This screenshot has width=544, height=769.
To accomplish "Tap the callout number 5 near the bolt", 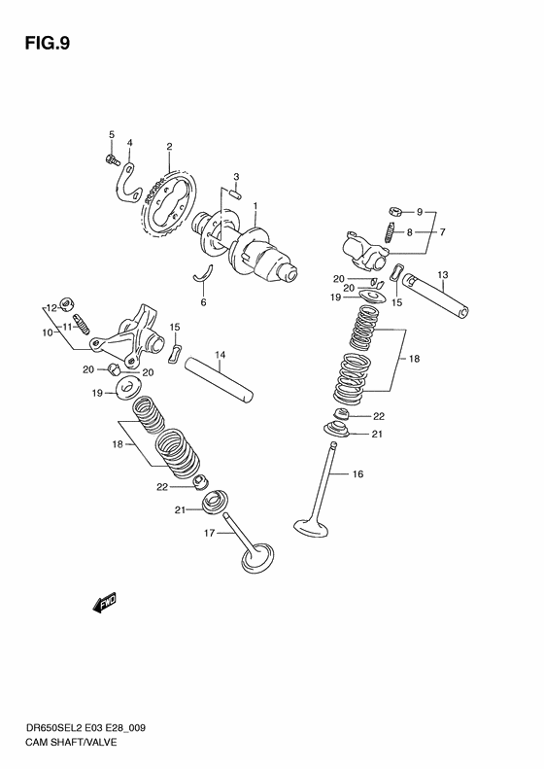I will (111, 134).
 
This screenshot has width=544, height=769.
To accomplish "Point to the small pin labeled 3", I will (237, 194).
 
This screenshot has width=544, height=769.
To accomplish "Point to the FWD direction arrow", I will (103, 606).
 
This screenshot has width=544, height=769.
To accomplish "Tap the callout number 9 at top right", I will (420, 212).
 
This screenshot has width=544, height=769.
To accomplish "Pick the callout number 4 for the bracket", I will (130, 143).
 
